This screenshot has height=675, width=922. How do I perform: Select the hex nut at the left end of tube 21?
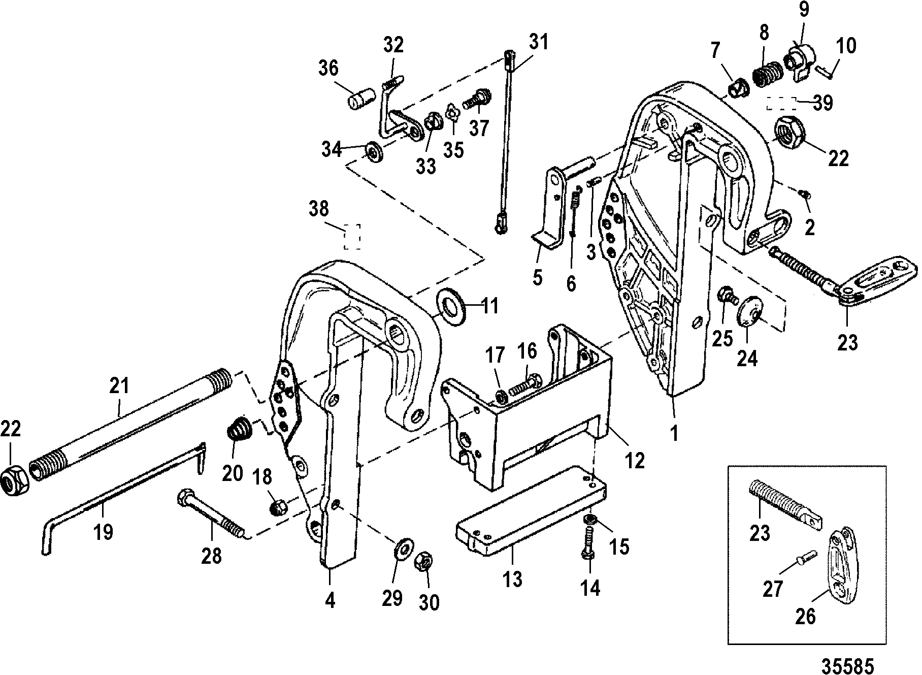15,480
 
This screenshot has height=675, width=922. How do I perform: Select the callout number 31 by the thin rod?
538,42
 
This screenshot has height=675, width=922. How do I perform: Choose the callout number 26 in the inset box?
805,616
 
